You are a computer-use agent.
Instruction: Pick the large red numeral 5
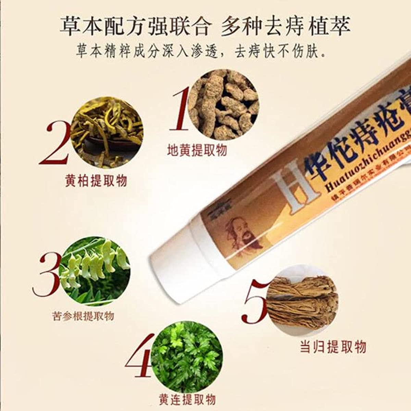click(x=256, y=301)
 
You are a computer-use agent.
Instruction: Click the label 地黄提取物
click(x=197, y=150)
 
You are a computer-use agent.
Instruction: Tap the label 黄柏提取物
click(x=96, y=180)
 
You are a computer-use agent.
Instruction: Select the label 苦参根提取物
click(x=84, y=316)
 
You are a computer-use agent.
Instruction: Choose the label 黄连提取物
click(x=187, y=399)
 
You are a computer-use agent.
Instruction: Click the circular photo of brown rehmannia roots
click(x=224, y=104)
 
